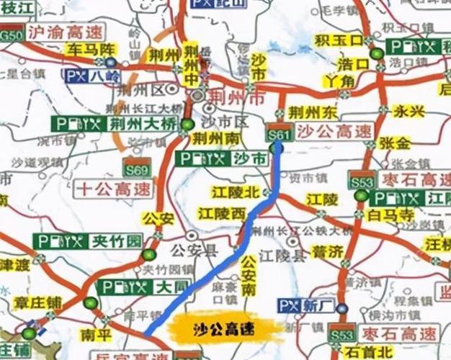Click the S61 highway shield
point(278,132)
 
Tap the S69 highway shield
point(135,171)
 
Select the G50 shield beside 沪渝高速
point(12,34)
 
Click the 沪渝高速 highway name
point(67,33)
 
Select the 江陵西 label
point(223,213)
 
